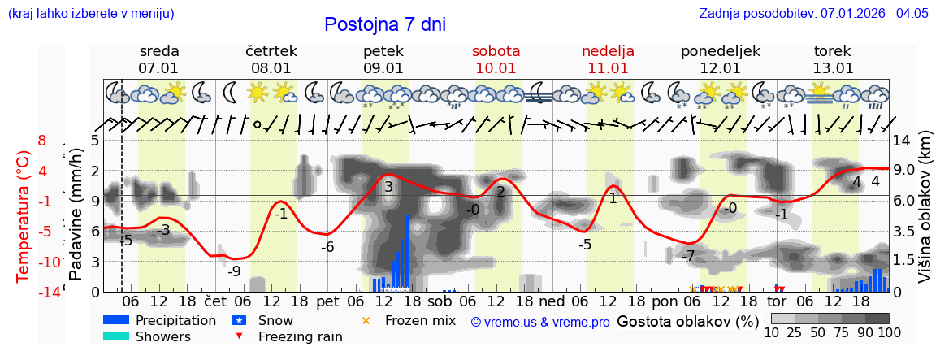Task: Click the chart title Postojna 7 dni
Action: (385, 24)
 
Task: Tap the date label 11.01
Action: (609, 68)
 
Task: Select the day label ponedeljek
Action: (720, 51)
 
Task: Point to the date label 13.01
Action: (833, 68)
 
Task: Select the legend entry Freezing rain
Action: (300, 336)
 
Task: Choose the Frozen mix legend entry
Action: (420, 320)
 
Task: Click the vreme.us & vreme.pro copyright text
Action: (539, 322)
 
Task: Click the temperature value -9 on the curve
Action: (233, 271)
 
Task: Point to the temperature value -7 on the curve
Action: (687, 256)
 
